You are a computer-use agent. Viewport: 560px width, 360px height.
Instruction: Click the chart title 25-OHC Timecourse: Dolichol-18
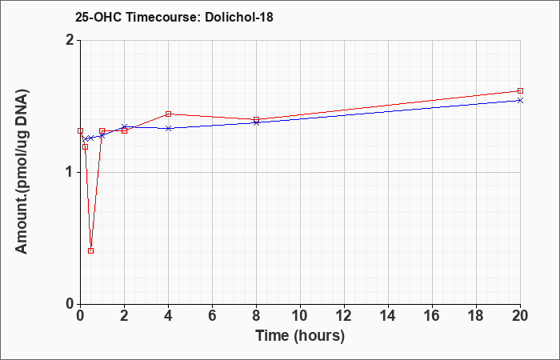click(x=174, y=17)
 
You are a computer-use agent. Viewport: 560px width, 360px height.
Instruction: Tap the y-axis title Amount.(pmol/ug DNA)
click(x=22, y=172)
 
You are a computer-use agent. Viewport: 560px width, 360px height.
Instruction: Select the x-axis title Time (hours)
click(x=300, y=336)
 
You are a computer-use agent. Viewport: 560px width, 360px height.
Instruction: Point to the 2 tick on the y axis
click(x=69, y=40)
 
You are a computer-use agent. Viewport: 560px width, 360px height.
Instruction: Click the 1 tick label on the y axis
click(x=69, y=173)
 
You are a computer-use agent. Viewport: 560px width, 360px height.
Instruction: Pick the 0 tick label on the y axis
click(x=69, y=304)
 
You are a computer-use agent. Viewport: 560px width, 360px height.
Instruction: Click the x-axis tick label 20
click(x=520, y=316)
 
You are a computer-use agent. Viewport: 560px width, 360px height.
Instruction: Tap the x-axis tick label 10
click(x=300, y=316)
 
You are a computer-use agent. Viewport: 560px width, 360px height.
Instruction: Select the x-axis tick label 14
click(x=388, y=316)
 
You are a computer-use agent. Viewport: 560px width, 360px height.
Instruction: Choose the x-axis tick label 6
click(x=212, y=316)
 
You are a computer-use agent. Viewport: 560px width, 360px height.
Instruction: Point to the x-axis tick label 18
click(x=476, y=316)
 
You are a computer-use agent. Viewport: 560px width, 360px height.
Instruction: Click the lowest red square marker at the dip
click(x=90, y=250)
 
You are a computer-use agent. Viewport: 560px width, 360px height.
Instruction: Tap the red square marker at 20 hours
click(x=520, y=90)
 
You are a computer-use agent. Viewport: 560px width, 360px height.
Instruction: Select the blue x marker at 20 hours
click(x=520, y=100)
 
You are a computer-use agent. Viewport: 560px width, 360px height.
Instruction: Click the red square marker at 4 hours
click(x=168, y=114)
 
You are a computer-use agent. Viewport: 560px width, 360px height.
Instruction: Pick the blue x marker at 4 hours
click(x=168, y=128)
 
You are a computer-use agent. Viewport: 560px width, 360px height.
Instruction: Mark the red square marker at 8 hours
click(x=256, y=119)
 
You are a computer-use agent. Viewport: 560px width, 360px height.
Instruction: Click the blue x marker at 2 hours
click(x=124, y=126)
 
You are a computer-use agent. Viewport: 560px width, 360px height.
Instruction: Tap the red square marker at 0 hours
click(x=80, y=130)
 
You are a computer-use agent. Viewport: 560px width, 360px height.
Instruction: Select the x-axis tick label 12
click(x=344, y=316)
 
